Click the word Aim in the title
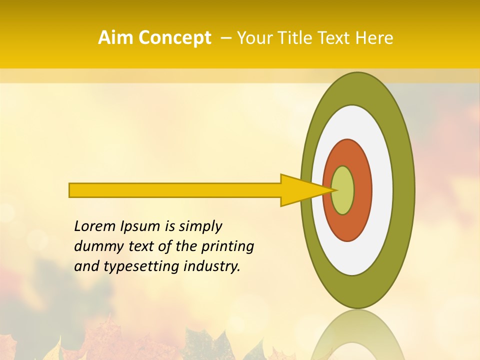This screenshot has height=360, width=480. [116, 38]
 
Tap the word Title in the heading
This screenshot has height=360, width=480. [293, 38]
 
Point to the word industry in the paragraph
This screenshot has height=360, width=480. [211, 266]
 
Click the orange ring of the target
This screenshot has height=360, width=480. [362, 190]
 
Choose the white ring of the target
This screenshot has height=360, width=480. [382, 190]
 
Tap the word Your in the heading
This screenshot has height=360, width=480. [252, 38]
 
